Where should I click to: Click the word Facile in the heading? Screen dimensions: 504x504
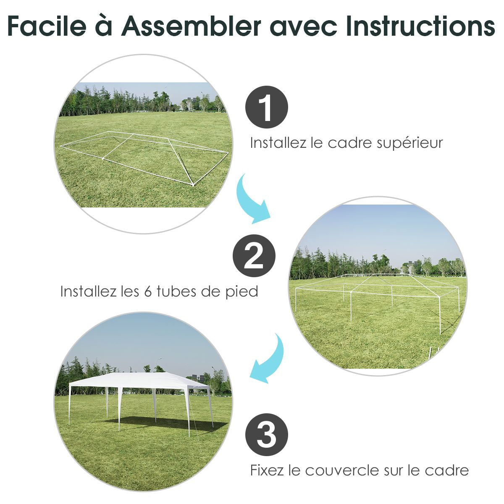47,26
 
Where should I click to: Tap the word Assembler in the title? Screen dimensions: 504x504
191,26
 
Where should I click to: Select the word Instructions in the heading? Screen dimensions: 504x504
421,26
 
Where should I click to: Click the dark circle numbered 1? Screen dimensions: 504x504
267,107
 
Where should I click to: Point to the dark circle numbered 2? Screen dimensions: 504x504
254,255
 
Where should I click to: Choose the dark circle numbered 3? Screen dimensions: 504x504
267,434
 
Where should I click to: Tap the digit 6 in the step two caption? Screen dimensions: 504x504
148,291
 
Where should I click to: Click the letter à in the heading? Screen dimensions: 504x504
104,26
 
